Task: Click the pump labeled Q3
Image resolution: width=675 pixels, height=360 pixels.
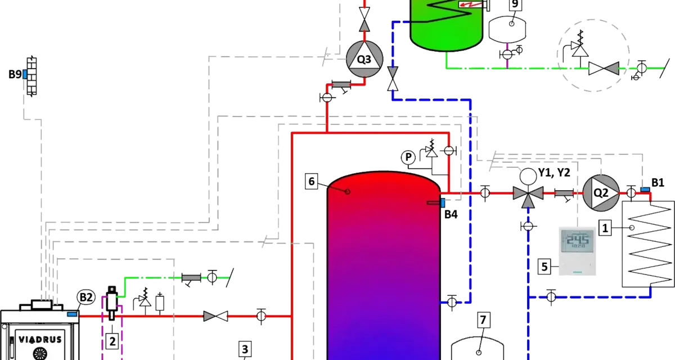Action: point(364,59)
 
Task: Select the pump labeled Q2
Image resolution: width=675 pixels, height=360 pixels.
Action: point(601,193)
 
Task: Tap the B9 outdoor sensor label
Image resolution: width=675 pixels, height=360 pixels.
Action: point(15,74)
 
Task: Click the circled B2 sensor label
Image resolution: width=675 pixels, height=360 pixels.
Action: point(86,298)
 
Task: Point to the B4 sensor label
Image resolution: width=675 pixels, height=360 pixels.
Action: point(451,214)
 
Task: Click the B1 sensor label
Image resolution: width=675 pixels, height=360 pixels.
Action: point(658,183)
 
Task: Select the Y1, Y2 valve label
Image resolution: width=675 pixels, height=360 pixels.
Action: point(554,173)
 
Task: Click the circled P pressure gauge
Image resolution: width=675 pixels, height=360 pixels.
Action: point(408,157)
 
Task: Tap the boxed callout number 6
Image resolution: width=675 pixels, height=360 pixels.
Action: point(311,181)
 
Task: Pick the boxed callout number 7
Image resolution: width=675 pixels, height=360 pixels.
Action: point(483,320)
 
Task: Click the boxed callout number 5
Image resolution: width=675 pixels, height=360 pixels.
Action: point(544,267)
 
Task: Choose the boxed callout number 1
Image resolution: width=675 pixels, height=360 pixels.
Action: point(605,228)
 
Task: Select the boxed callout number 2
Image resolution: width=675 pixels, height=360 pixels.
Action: point(112,341)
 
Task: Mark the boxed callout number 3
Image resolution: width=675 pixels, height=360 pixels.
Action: point(245,349)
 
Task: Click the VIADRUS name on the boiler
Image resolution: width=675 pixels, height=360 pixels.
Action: point(40,340)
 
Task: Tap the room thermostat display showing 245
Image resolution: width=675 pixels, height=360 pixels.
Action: point(577,241)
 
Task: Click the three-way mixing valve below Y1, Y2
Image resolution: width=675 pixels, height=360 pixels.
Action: point(528,194)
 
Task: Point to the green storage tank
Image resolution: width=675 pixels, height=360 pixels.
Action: point(447,24)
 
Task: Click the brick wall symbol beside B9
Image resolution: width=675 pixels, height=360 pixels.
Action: point(31,76)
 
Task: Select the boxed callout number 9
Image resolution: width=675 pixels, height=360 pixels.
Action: point(515,4)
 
